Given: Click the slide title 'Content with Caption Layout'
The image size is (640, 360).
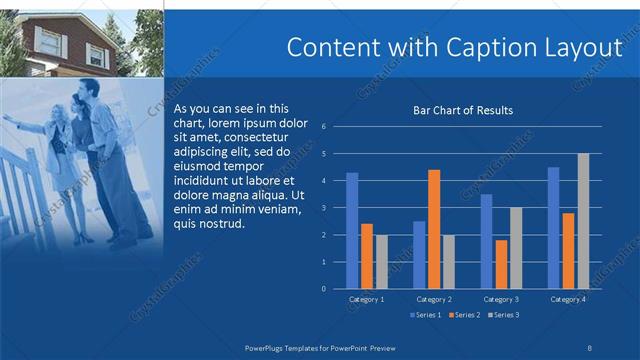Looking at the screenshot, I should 453,48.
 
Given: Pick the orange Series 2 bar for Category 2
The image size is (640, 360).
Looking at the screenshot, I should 434,229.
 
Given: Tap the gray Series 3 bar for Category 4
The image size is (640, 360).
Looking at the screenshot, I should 583,221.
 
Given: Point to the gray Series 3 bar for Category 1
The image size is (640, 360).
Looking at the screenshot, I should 381,262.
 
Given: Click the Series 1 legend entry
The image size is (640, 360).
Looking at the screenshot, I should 429,315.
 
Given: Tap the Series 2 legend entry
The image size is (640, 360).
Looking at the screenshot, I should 467,315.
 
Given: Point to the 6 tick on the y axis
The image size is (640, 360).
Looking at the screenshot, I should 324,127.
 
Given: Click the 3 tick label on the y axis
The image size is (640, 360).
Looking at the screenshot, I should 324,208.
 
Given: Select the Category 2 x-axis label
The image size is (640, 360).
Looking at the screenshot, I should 434,299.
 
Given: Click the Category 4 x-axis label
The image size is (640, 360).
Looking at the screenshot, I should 568,299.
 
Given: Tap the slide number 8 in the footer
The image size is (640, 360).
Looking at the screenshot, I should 589,345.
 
